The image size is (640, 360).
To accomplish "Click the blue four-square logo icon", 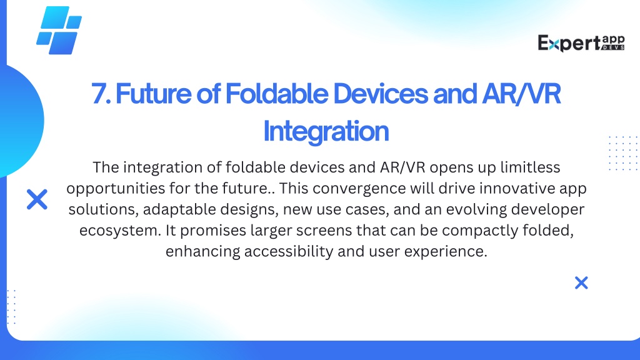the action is [x=59, y=30].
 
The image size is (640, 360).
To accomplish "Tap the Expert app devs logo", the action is [x=581, y=43].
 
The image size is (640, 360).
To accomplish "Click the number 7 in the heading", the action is [x=99, y=94].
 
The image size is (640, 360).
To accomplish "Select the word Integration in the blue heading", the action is [x=326, y=131].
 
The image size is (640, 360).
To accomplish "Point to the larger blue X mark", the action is [x=37, y=199].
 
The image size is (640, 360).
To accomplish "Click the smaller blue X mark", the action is [x=581, y=282].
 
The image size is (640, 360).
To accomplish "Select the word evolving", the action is [x=476, y=209].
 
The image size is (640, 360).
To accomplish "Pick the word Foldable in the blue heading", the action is [x=277, y=94].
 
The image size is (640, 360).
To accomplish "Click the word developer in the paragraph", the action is [x=547, y=209].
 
